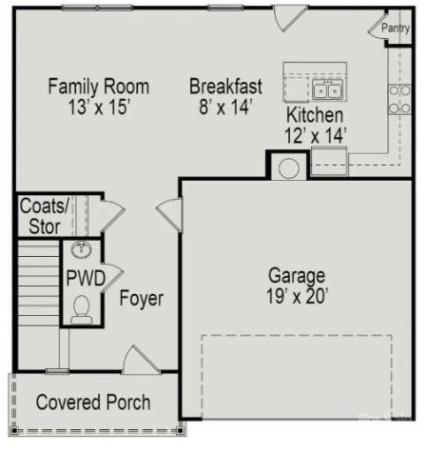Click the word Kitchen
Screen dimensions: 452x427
click(315, 115)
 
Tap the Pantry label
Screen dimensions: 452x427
click(396, 29)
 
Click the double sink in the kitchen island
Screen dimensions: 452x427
click(328, 90)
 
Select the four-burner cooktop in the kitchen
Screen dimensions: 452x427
click(399, 98)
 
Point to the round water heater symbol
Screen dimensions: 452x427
click(289, 168)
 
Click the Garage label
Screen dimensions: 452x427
click(297, 275)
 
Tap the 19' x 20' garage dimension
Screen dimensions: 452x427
click(297, 297)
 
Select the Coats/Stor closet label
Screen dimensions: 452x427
click(45, 216)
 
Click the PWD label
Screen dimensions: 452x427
click(85, 279)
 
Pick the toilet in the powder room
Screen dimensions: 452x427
click(82, 309)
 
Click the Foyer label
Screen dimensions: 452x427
click(142, 299)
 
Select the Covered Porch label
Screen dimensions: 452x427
click(92, 403)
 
